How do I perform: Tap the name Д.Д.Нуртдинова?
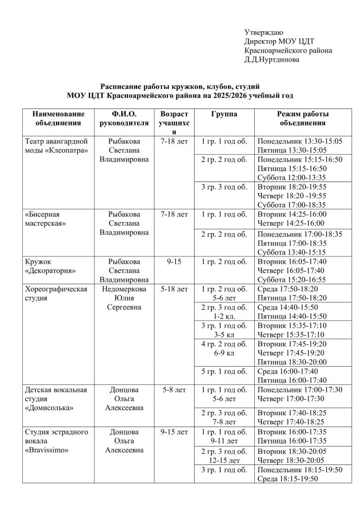(x=272, y=60)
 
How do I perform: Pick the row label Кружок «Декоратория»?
(x=50, y=266)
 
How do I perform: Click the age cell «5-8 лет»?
(x=171, y=389)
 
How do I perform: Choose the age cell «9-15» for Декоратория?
(x=171, y=261)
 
